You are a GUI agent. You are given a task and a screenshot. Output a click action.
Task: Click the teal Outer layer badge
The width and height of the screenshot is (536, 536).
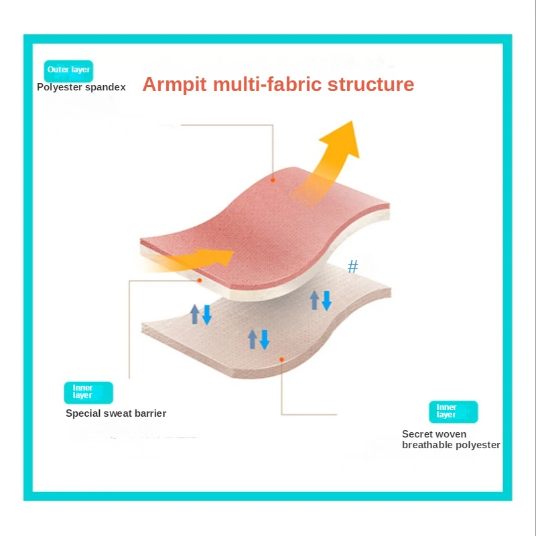(68, 70)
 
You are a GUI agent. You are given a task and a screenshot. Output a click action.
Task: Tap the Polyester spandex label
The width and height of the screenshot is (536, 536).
(81, 87)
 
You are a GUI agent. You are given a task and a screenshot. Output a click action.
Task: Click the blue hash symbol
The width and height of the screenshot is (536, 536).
(353, 267)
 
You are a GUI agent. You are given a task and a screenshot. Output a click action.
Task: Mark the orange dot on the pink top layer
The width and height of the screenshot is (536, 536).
(273, 180)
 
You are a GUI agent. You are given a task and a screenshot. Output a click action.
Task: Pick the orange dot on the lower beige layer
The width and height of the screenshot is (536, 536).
(282, 359)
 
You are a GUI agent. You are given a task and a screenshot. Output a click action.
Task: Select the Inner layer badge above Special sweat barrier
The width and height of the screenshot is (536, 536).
(88, 392)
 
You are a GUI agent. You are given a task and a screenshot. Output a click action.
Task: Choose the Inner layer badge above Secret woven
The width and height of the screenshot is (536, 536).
(453, 411)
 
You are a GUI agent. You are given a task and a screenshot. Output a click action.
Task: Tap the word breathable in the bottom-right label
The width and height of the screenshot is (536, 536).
(429, 445)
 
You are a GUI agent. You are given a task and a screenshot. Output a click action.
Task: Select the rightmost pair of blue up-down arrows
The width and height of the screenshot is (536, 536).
(320, 299)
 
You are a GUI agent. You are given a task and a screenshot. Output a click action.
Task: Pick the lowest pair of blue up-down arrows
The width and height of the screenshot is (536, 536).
(259, 338)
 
